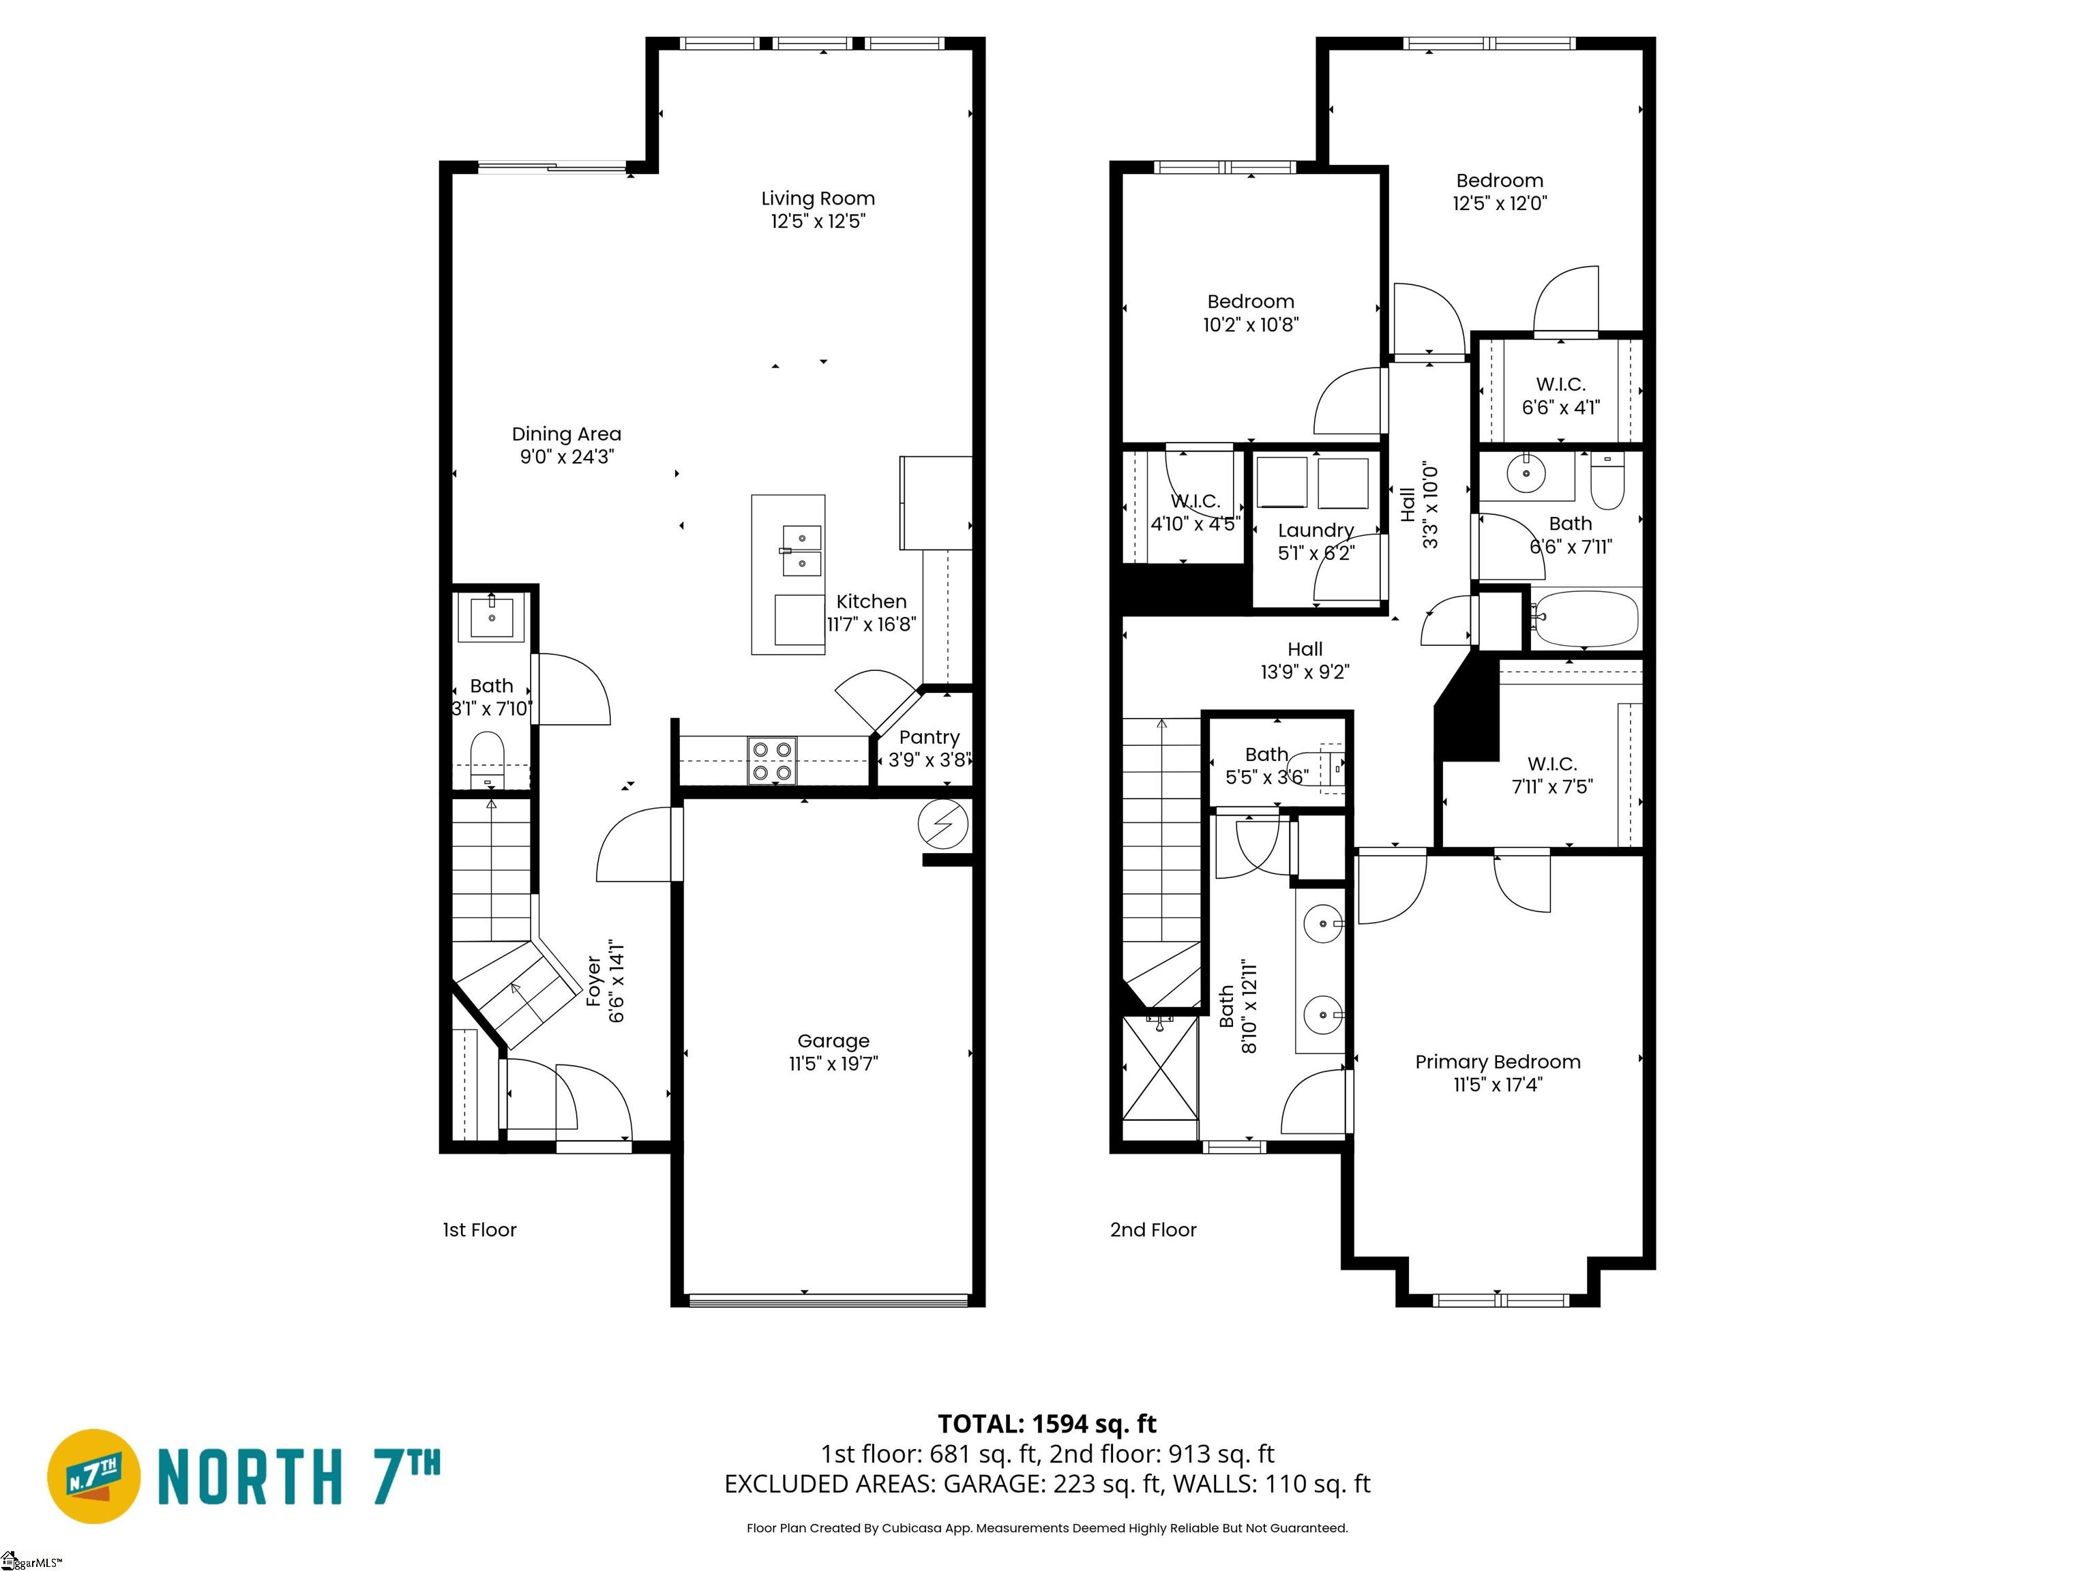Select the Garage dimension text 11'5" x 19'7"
(x=833, y=1064)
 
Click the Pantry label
(x=929, y=736)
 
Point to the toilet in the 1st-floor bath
(x=488, y=758)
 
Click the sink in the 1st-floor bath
(x=492, y=617)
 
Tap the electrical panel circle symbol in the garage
(x=943, y=826)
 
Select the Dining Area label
(x=566, y=434)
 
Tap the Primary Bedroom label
(x=1498, y=1062)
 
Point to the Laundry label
(x=1316, y=530)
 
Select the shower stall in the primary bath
(x=1160, y=1079)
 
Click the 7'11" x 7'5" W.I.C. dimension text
(x=1552, y=786)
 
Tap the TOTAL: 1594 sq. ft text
(x=1047, y=1423)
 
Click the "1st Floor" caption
(x=479, y=1229)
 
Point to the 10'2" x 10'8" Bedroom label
(x=1250, y=301)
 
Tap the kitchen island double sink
(x=801, y=551)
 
